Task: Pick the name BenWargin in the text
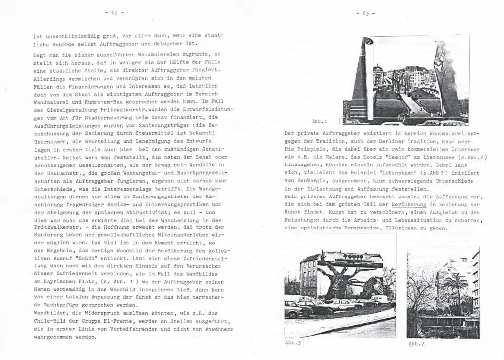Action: point(301,181)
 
